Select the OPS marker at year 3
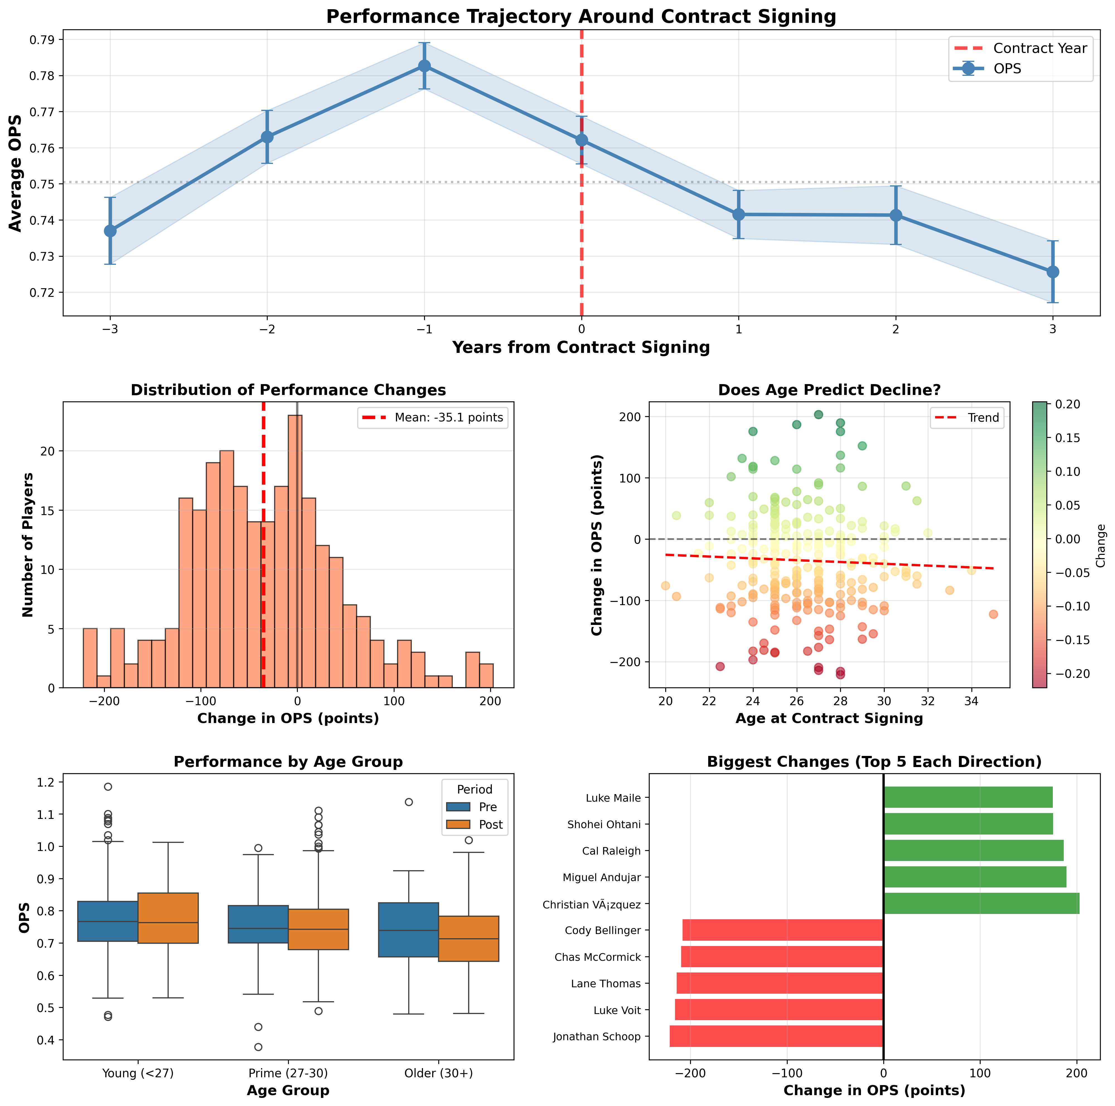(1053, 272)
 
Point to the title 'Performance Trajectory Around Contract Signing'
(581, 17)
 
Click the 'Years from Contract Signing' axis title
(581, 347)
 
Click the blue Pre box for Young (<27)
(107, 921)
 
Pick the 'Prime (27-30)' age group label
(288, 1073)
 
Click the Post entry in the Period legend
(490, 824)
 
